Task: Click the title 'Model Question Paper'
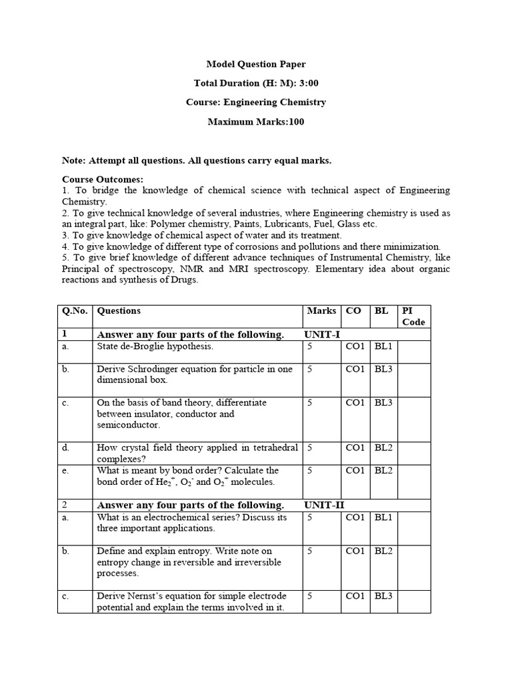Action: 256,64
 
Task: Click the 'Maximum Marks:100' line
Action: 256,122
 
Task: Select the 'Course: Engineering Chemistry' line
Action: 256,103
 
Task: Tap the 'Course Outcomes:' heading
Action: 102,180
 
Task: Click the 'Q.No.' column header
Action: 76,311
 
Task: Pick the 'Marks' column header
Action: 321,311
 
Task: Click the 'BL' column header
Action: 381,311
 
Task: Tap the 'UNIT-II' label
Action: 325,505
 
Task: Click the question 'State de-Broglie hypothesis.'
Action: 156,347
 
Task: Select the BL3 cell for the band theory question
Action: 383,403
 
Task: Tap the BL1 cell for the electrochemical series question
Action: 383,517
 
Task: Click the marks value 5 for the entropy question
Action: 310,551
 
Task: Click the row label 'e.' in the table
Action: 65,471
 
